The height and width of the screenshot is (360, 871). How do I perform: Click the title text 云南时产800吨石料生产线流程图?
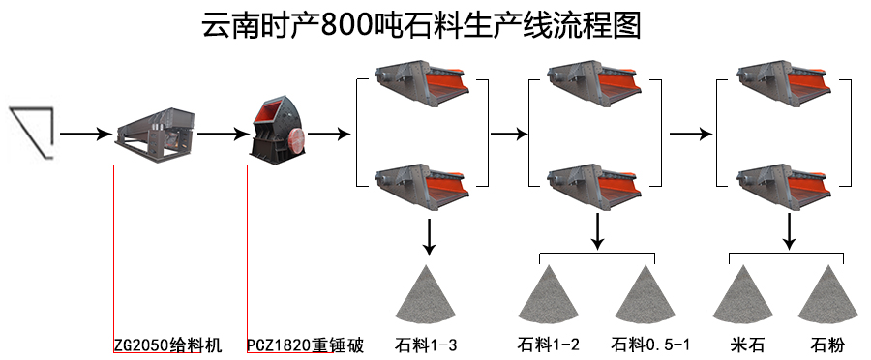421,26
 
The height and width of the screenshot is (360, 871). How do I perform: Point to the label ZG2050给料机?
166,345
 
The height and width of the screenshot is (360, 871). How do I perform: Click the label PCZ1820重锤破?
304,345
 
